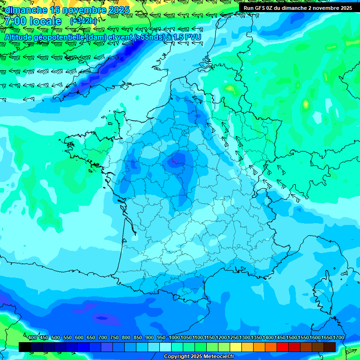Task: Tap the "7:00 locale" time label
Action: [x=33, y=21]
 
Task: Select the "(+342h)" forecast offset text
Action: [x=83, y=21]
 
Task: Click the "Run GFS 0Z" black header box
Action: [x=298, y=7]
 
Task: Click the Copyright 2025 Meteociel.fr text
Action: [x=199, y=356]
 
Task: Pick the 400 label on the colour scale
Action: [x=32, y=337]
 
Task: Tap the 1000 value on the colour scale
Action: [x=174, y=337]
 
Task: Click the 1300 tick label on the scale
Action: [x=245, y=337]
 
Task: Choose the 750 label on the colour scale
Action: [x=114, y=337]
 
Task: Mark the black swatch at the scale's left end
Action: [x=25, y=347]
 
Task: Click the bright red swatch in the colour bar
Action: [x=283, y=347]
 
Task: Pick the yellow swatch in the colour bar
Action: [x=236, y=347]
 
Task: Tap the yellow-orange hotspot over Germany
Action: [x=306, y=104]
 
